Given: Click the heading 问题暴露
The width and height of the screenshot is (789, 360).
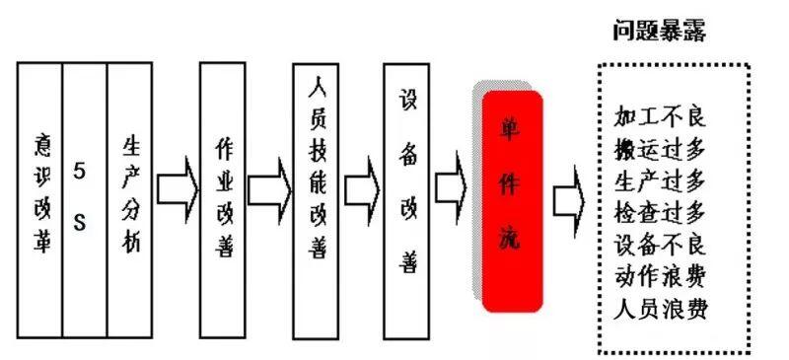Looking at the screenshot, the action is [660, 31].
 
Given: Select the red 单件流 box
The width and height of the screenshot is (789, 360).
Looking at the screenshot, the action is [512, 201].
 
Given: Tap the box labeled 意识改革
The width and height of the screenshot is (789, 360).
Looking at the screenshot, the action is [39, 200].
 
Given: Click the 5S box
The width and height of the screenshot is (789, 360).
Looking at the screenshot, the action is [85, 200].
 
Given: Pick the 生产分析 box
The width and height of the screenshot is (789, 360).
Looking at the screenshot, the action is [130, 200].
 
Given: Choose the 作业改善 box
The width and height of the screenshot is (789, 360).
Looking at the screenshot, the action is [223, 200].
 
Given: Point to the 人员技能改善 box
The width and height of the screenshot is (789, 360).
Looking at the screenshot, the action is [316, 201].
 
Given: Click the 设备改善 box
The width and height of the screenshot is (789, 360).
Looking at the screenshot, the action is [406, 201].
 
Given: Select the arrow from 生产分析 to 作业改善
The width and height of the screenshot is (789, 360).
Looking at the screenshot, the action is [178, 188].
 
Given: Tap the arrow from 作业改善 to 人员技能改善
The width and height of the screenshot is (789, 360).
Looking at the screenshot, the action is [269, 189].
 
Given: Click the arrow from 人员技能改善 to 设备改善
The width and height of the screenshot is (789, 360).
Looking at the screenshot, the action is [362, 189].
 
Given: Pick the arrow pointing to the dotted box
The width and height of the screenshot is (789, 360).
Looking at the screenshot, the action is [569, 200].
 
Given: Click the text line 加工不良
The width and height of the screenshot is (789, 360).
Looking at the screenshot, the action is [660, 116].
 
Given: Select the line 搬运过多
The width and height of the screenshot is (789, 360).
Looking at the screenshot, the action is [660, 149].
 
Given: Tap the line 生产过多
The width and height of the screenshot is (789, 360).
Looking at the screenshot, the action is [660, 180].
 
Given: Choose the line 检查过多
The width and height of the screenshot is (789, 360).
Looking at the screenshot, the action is [660, 213].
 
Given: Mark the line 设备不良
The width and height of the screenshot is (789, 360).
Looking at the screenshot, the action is [660, 245].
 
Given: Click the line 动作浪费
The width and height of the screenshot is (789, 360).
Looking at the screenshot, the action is [660, 276].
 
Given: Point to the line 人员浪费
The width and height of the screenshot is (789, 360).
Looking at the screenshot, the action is [660, 309].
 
